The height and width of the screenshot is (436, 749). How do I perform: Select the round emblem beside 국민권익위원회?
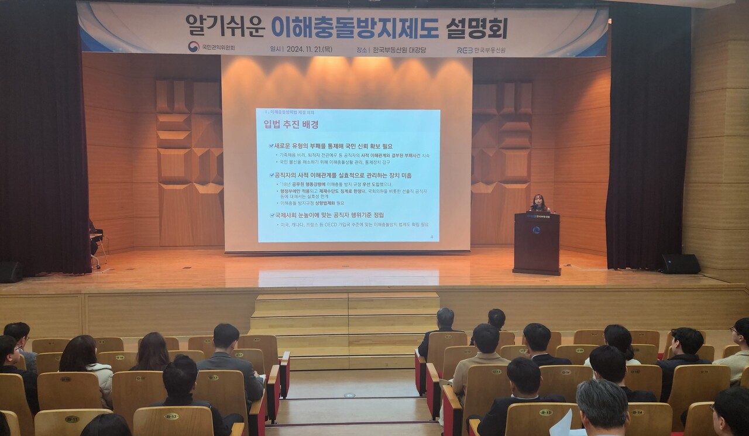(194, 47)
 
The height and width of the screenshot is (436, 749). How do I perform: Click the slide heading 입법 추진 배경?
(291, 124)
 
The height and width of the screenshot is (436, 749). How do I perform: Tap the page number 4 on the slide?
(431, 237)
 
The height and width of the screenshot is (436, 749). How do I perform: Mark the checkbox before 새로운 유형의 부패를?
(271, 146)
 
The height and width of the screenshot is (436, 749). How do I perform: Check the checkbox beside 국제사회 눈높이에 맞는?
(271, 215)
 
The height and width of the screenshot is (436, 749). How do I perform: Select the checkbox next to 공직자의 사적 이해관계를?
(271, 175)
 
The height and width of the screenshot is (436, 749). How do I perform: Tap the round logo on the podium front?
(536, 230)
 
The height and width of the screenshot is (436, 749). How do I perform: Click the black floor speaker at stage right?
(681, 264)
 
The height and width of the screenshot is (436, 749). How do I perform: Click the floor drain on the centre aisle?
(349, 395)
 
